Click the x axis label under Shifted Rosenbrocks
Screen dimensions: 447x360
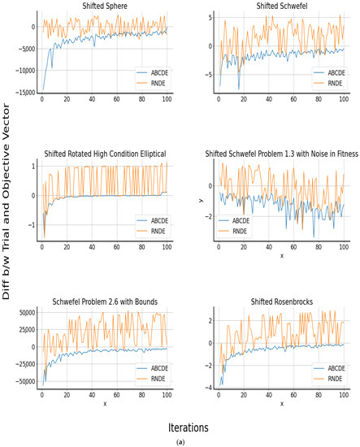[x=282, y=403]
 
